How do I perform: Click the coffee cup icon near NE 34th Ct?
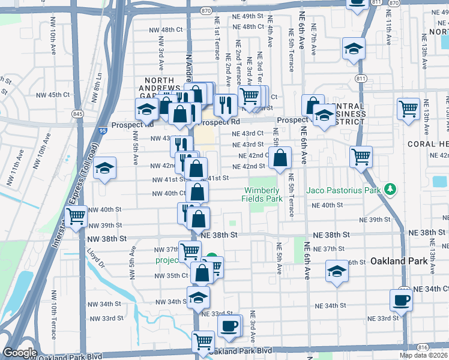click(401, 299)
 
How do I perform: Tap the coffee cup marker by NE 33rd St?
click(228, 326)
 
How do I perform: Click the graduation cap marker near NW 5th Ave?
click(105, 169)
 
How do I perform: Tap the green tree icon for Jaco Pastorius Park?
click(391, 190)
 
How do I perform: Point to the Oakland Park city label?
click(399, 261)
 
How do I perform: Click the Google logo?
click(19, 353)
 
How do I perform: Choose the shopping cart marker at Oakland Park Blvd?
click(203, 341)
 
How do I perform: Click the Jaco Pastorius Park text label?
click(345, 190)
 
